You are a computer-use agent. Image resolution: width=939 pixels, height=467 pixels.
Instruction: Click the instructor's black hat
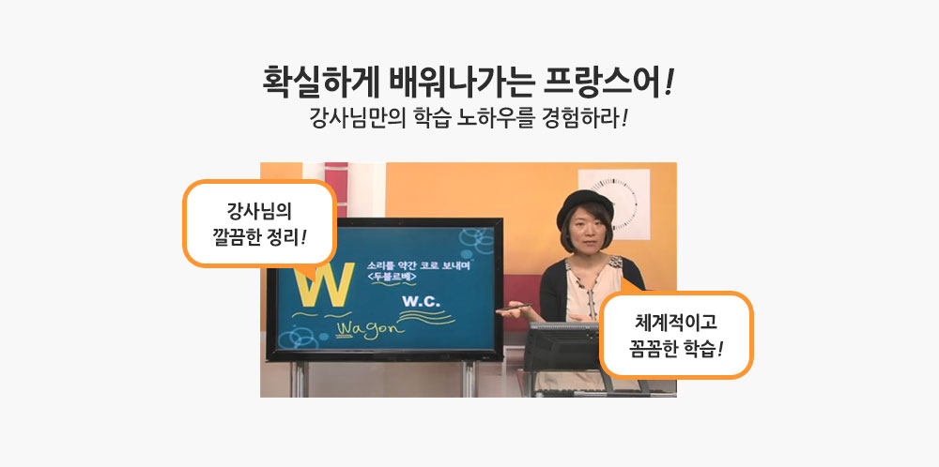584,205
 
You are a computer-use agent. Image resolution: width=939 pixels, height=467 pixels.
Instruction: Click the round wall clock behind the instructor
613,203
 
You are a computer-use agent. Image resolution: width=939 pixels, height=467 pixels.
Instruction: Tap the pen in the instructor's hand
514,308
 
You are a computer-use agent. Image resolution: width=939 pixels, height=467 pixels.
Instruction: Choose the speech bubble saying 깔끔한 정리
259,223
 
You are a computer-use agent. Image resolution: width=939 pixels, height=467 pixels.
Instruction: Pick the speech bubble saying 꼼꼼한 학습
676,335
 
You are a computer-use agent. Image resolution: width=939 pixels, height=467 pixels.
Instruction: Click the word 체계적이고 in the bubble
675,324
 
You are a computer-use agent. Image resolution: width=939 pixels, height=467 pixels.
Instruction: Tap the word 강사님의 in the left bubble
259,212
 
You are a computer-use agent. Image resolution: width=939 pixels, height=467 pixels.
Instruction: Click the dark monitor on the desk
562,347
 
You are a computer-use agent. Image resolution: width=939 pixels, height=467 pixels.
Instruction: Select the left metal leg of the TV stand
298,379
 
